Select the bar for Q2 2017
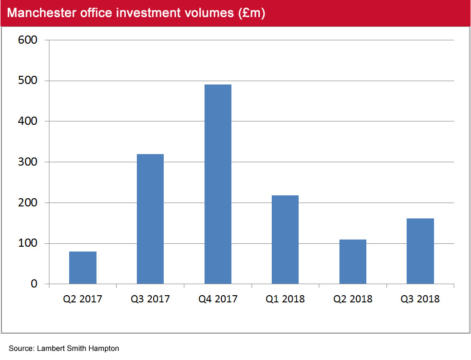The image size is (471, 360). pyautogui.click(x=83, y=267)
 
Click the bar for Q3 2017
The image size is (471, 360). pyautogui.click(x=150, y=219)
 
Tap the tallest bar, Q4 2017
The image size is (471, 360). pyautogui.click(x=217, y=184)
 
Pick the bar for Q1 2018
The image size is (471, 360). pyautogui.click(x=285, y=240)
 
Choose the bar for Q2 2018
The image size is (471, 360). pyautogui.click(x=353, y=262)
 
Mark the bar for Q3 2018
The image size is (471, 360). pyautogui.click(x=420, y=251)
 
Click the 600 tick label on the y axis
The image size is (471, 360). pyautogui.click(x=28, y=40)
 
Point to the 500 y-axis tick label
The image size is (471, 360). pyautogui.click(x=28, y=81)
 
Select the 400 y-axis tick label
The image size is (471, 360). pyautogui.click(x=28, y=121)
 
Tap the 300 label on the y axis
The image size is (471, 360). pyautogui.click(x=28, y=162)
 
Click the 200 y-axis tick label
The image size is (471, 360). pyautogui.click(x=28, y=203)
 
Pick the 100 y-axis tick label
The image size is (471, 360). pyautogui.click(x=28, y=243)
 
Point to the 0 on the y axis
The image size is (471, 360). pyautogui.click(x=34, y=284)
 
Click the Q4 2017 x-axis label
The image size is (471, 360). pyautogui.click(x=218, y=299)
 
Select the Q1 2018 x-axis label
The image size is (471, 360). pyautogui.click(x=285, y=299)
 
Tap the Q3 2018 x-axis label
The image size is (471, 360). pyautogui.click(x=420, y=299)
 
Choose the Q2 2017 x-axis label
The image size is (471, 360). pyautogui.click(x=83, y=299)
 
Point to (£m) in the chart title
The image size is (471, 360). pyautogui.click(x=252, y=13)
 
